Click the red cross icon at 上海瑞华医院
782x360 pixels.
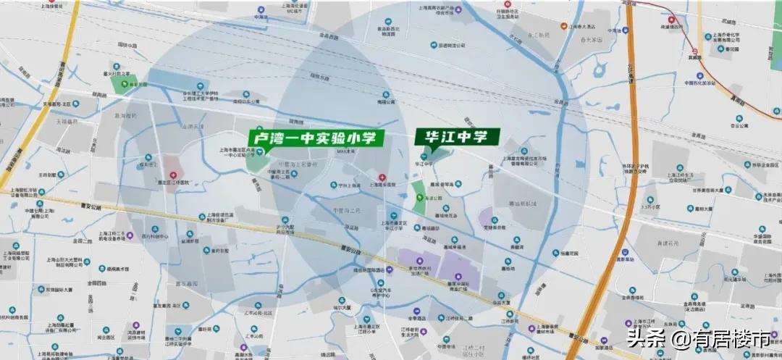point(382,177)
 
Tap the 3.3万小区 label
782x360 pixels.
point(648,206)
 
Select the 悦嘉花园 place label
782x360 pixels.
point(571,253)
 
